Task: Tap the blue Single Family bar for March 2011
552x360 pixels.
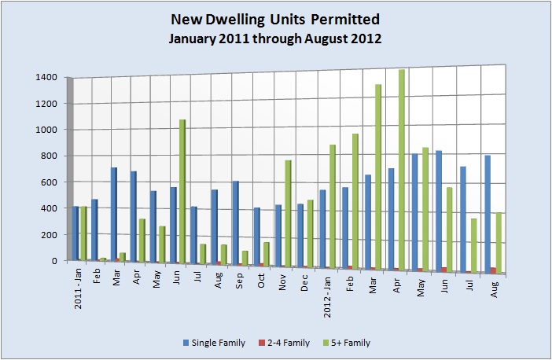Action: [114, 212]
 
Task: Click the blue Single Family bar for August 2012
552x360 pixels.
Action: [488, 212]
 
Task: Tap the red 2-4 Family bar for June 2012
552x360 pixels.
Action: [447, 269]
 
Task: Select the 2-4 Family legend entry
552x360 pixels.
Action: [285, 343]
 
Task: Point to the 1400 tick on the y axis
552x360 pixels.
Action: [46, 77]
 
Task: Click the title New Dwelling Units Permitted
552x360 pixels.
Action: [275, 20]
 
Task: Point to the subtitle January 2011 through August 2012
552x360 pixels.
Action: [275, 39]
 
